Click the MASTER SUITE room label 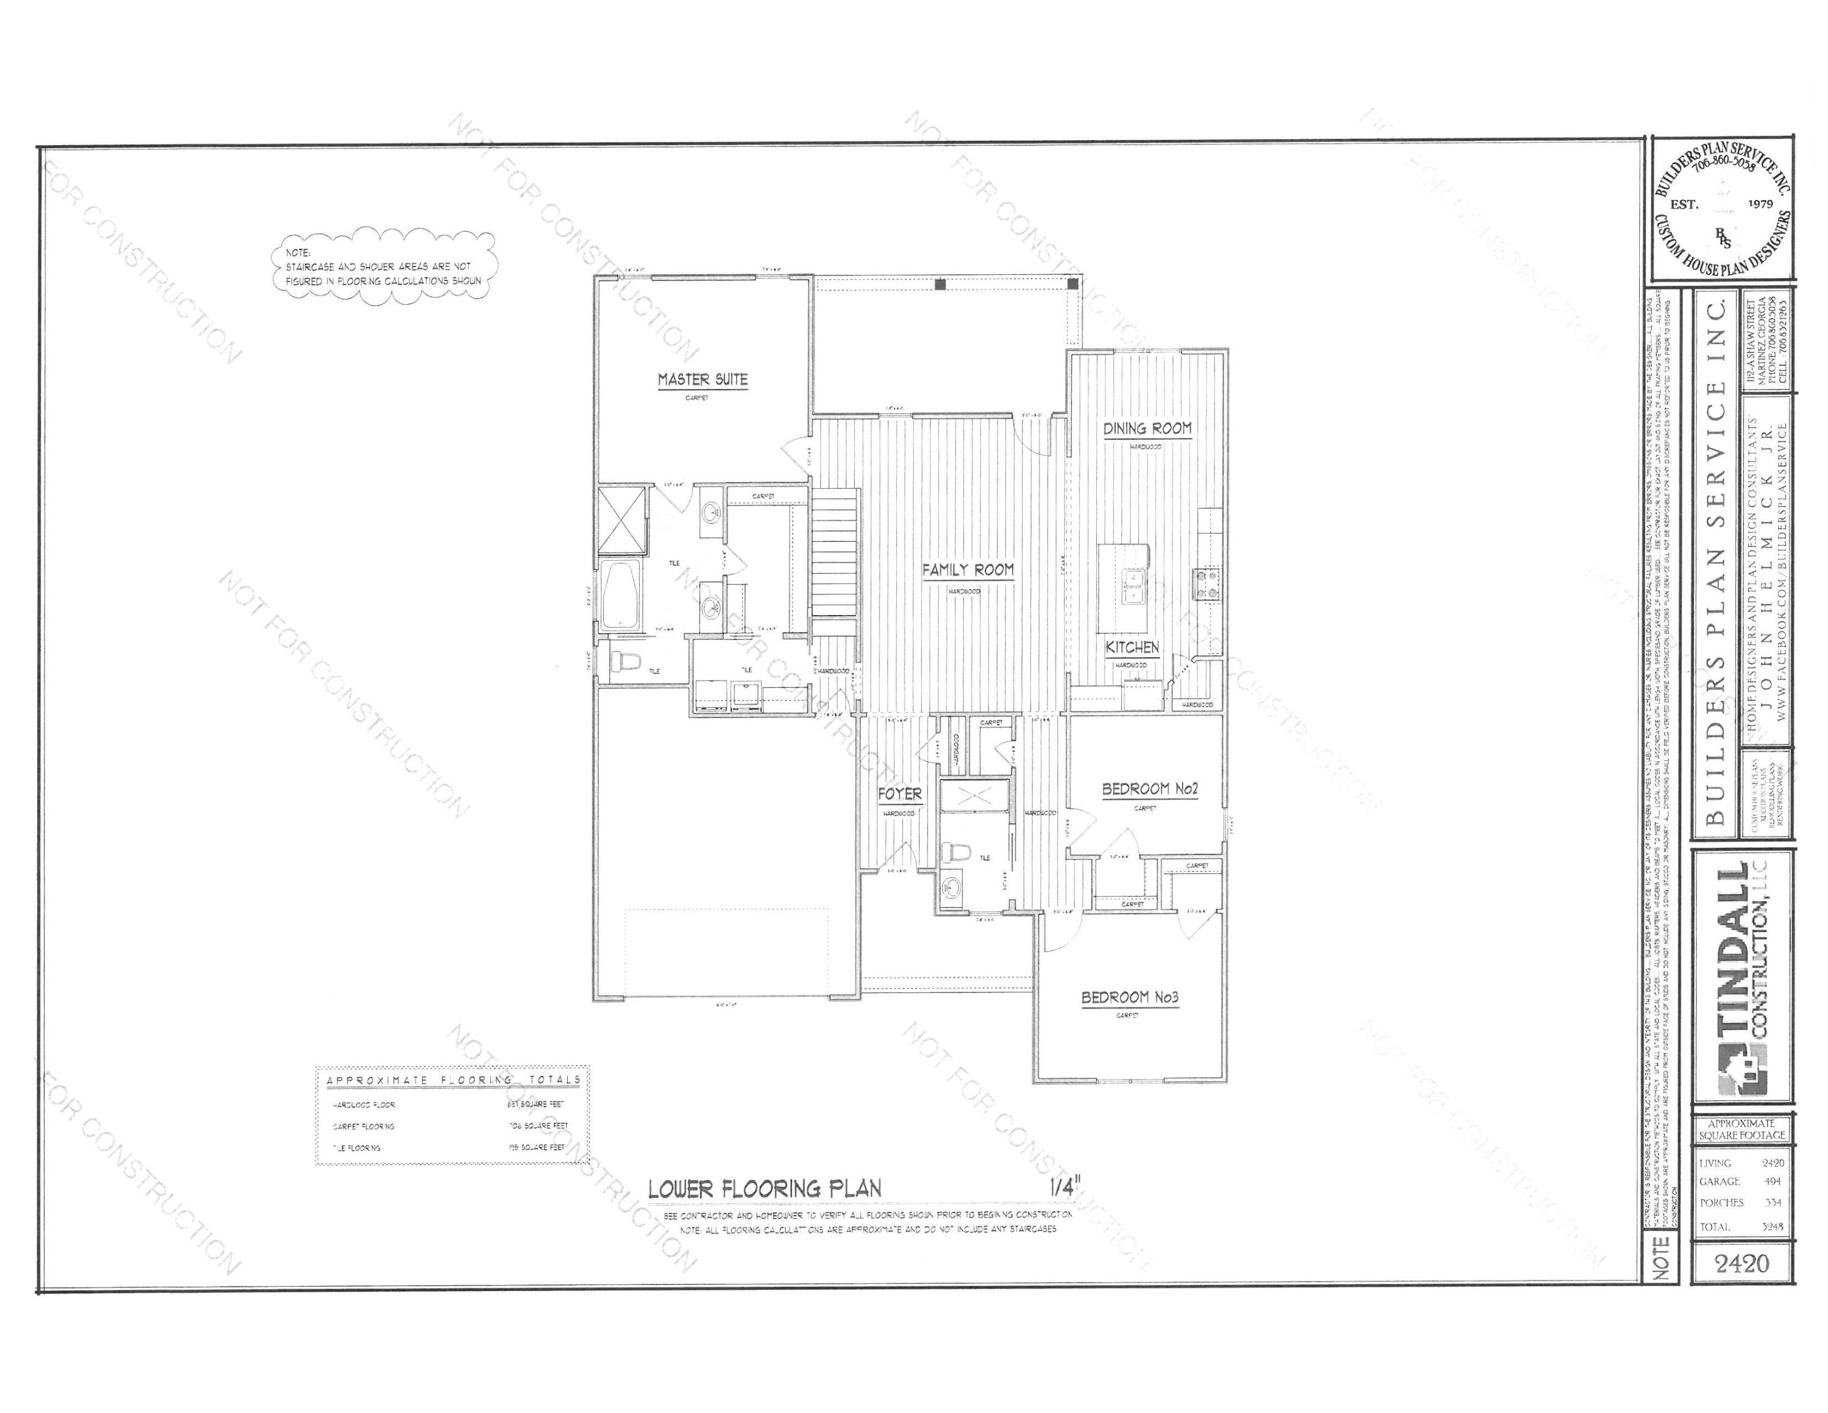(702, 379)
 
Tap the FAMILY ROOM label (968, 570)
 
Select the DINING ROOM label (1147, 429)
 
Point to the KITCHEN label (1132, 647)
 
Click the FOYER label (900, 794)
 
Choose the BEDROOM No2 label (1150, 789)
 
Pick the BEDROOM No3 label (1130, 998)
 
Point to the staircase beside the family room (835, 552)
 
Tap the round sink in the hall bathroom (951, 888)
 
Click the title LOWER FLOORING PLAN (765, 1188)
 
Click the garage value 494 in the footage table (1771, 1181)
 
